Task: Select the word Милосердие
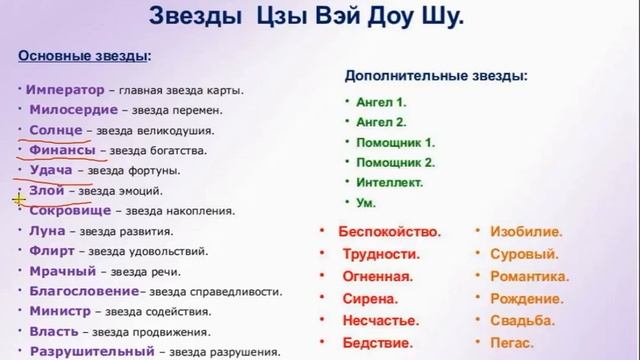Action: [69, 110]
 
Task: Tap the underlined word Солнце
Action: [63, 130]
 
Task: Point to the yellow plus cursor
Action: [19, 199]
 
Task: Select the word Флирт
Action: [53, 251]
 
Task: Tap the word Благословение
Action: [84, 291]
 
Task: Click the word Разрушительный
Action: [91, 351]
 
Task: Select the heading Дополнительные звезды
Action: [436, 75]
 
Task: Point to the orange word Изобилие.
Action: [526, 231]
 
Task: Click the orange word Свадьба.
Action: [523, 320]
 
